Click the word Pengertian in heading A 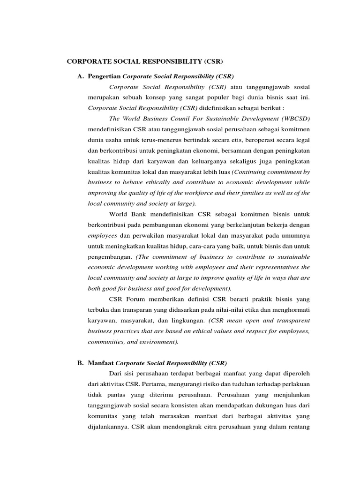point(104,76)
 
